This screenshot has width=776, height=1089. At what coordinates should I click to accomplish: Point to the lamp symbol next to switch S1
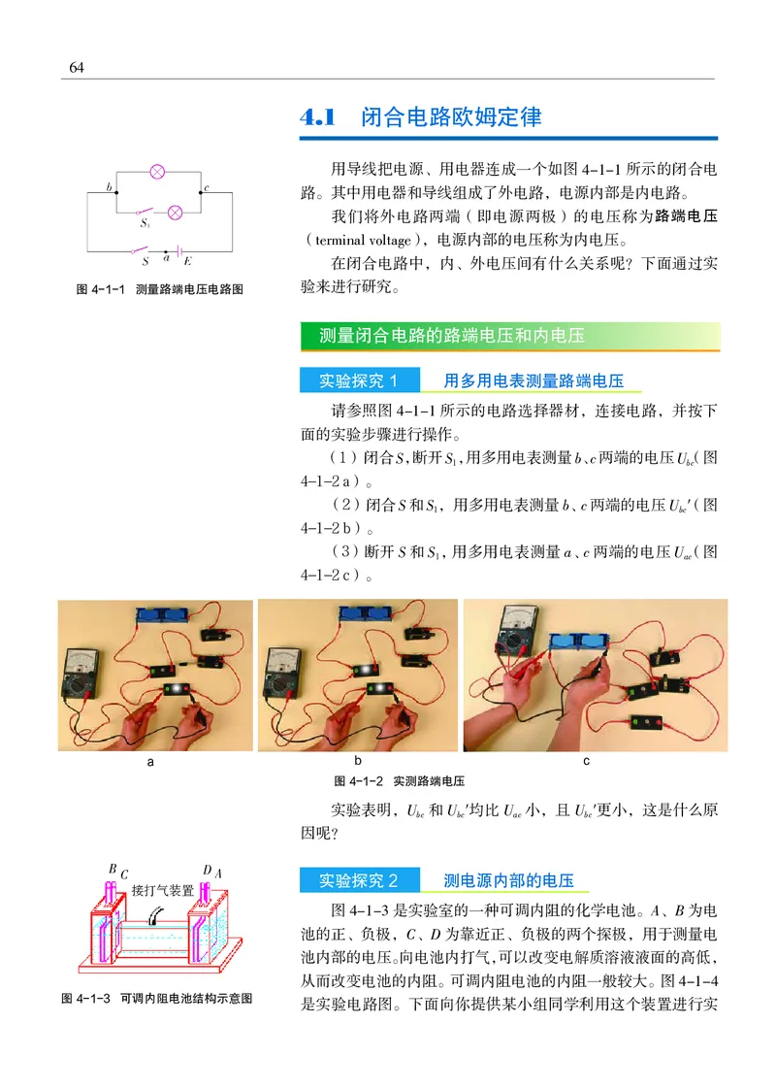tap(176, 212)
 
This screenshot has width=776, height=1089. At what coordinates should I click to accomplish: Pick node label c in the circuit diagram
tap(207, 184)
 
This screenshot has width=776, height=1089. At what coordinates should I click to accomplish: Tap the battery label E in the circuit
tap(187, 261)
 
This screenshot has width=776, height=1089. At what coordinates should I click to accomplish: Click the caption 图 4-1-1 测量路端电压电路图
tap(158, 288)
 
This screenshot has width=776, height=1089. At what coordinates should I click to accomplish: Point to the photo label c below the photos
tap(587, 762)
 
